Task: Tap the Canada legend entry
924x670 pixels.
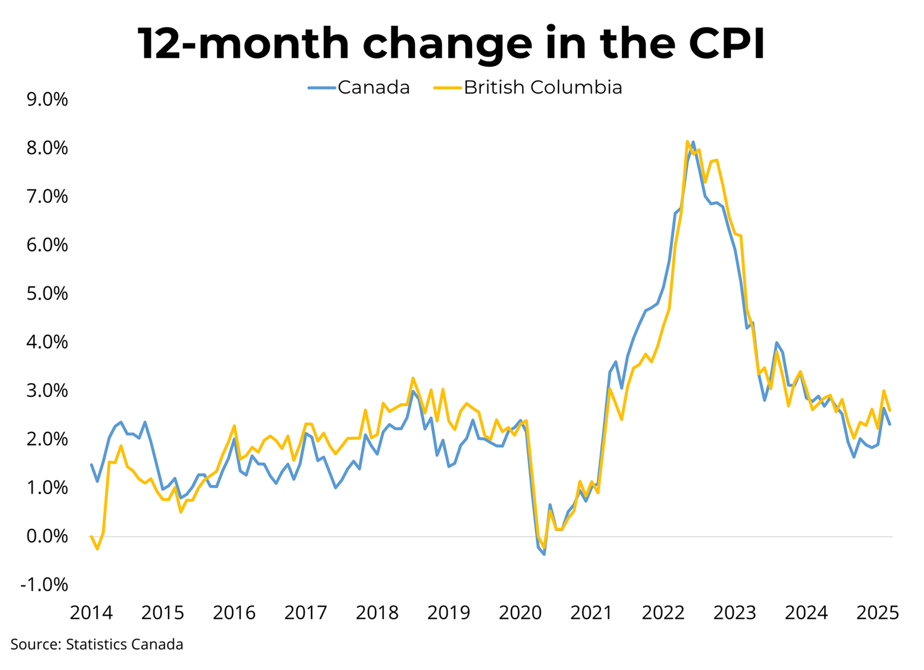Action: click(359, 88)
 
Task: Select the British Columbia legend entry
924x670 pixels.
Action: click(528, 88)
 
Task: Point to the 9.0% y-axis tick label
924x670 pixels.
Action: click(47, 99)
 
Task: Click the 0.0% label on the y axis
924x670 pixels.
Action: click(47, 536)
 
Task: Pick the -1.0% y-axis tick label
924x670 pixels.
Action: click(44, 585)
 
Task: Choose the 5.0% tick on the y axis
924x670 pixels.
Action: click(47, 294)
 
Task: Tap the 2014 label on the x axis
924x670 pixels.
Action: click(91, 613)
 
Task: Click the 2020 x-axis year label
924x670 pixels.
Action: click(520, 613)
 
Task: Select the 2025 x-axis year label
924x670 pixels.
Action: click(877, 613)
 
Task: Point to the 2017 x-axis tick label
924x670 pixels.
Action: click(306, 613)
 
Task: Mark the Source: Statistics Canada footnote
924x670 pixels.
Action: click(97, 645)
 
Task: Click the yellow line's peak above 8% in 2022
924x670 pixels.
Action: click(687, 142)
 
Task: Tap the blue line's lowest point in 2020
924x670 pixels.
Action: click(544, 554)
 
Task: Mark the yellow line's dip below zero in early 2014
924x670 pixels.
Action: click(97, 549)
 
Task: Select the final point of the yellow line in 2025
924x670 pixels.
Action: click(890, 411)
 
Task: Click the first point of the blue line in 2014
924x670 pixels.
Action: click(91, 465)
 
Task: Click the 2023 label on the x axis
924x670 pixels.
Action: click(734, 613)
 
